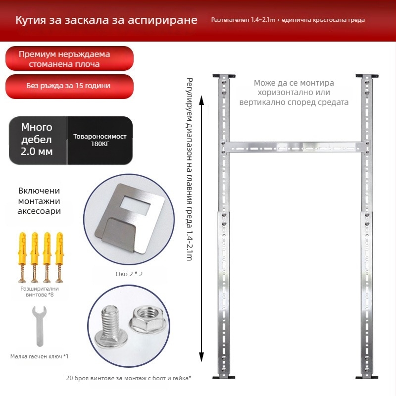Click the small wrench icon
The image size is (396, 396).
[40, 326]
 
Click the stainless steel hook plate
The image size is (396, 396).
[129, 218]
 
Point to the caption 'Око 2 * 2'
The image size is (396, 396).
[129, 274]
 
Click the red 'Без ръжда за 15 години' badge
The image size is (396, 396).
[69, 86]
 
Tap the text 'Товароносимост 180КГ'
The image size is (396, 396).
[100, 140]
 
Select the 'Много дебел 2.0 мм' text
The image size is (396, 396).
[37, 140]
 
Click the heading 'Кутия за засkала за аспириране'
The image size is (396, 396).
[106, 20]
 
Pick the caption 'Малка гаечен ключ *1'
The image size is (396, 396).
[40, 356]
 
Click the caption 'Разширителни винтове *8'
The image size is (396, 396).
[40, 292]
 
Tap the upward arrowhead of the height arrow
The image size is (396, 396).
[201, 100]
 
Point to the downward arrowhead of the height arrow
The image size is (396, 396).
[201, 357]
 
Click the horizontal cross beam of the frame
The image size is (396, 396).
[295, 147]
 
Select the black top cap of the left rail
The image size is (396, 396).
[224, 76]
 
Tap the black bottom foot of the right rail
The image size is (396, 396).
[367, 377]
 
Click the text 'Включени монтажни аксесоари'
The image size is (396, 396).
[39, 201]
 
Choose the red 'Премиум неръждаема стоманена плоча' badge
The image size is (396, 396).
[69, 58]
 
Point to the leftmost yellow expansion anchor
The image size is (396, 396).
[22, 257]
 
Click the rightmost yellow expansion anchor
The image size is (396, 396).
[59, 257]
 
